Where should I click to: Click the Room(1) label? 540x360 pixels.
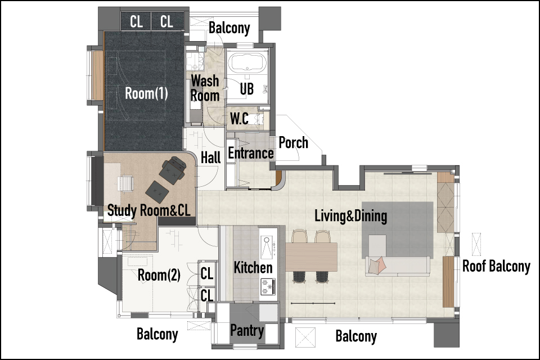tap(146, 93)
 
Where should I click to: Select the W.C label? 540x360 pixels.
tap(239, 119)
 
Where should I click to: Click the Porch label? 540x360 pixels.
tap(294, 142)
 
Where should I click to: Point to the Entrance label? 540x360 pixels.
tap(251, 153)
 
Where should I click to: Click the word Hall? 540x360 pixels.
tap(211, 157)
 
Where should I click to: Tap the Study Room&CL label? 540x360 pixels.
tap(148, 210)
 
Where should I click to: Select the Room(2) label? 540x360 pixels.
tap(159, 275)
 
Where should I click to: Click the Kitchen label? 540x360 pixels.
tap(253, 267)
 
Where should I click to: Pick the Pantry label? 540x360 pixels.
tap(247, 330)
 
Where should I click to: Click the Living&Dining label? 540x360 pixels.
tap(351, 216)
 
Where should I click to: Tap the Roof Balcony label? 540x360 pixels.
tap(496, 266)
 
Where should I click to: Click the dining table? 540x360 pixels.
tap(311, 256)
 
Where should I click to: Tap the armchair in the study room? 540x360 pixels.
tap(173, 168)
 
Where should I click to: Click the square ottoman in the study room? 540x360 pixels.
tap(157, 191)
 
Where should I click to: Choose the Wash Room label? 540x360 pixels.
tap(205, 88)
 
